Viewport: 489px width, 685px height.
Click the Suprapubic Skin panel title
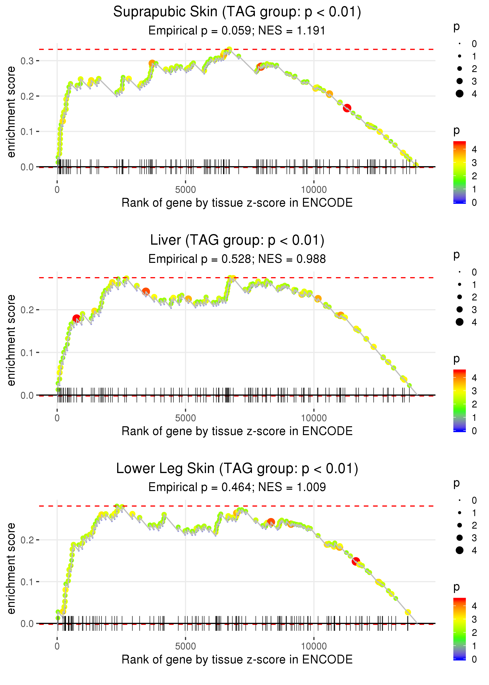coord(237,12)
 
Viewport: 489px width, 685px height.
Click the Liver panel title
coord(237,240)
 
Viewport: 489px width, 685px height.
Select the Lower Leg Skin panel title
coord(237,469)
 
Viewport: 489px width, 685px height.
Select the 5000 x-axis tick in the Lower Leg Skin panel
coord(185,646)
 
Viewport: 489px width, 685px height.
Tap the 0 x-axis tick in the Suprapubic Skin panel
coord(57,190)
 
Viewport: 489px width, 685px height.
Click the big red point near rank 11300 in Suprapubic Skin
coord(347,108)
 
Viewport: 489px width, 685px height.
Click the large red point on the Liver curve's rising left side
coord(76,318)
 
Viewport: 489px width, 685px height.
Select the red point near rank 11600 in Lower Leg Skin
coord(356,561)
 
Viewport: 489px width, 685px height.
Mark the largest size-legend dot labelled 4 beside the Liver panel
coord(459,322)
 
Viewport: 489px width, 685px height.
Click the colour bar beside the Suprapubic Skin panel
coord(459,172)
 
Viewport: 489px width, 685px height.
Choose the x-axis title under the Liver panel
coord(237,431)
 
